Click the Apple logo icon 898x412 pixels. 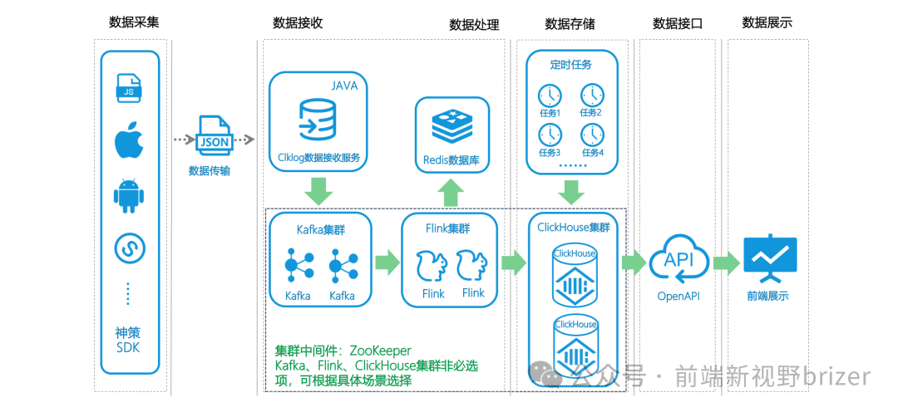(130, 142)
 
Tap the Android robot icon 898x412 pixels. (130, 196)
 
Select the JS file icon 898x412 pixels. (129, 89)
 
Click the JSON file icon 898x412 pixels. (215, 140)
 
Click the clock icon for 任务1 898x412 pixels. (550, 95)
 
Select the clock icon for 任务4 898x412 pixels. (591, 135)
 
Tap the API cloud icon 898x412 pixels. (678, 259)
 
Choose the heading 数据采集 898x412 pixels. (134, 22)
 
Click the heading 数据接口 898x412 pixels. (678, 23)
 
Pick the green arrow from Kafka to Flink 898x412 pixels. (387, 263)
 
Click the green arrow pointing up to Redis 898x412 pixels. (451, 193)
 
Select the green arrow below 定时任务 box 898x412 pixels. (571, 193)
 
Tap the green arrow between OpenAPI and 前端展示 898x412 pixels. (726, 263)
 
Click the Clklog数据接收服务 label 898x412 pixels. (318, 156)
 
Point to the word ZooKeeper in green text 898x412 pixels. (380, 351)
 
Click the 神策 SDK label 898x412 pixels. (129, 340)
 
